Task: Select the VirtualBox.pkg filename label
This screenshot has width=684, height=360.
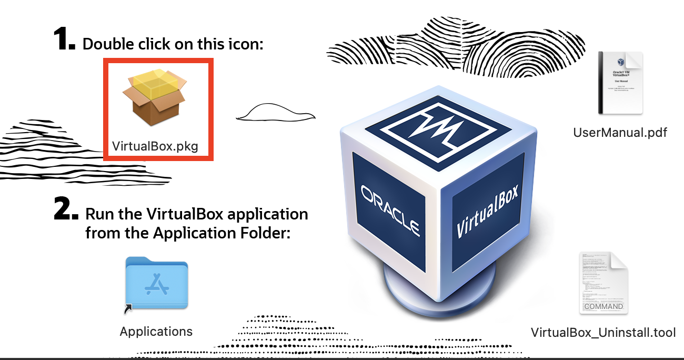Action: [155, 146]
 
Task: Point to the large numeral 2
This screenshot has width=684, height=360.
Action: [66, 209]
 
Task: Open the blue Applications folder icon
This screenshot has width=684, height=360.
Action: [157, 284]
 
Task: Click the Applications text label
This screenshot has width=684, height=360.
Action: [156, 332]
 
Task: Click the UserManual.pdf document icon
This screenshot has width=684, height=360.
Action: [620, 83]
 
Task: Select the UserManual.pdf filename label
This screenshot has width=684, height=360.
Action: [620, 132]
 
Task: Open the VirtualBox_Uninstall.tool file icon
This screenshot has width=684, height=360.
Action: [603, 283]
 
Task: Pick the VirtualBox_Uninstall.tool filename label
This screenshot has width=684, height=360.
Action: [603, 333]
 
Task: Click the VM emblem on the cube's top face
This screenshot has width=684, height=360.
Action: [436, 127]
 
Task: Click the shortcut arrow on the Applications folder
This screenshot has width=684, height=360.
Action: [128, 309]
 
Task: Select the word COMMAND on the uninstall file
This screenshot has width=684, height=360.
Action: [603, 306]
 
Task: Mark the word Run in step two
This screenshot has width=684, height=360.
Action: [98, 214]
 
